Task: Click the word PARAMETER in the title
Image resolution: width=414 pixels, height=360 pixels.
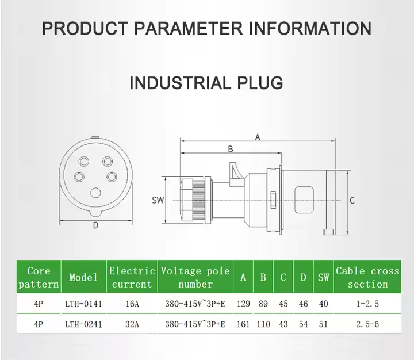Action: pyautogui.click(x=188, y=28)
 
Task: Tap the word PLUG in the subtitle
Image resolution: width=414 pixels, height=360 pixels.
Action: pyautogui.click(x=260, y=83)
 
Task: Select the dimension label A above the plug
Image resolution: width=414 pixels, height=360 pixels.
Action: pyautogui.click(x=258, y=137)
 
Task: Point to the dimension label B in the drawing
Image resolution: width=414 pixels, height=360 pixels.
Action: pyautogui.click(x=231, y=149)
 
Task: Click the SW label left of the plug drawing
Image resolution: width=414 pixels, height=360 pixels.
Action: pyautogui.click(x=158, y=200)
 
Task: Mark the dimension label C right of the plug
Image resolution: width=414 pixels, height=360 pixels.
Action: pyautogui.click(x=352, y=201)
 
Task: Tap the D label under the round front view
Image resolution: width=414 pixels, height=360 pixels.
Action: pyautogui.click(x=95, y=225)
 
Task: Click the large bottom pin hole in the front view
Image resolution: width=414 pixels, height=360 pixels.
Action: pyautogui.click(x=95, y=193)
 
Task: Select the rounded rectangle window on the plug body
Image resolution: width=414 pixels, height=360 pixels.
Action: pyautogui.click(x=304, y=200)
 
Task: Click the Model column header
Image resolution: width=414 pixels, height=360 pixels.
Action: pyautogui.click(x=83, y=277)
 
